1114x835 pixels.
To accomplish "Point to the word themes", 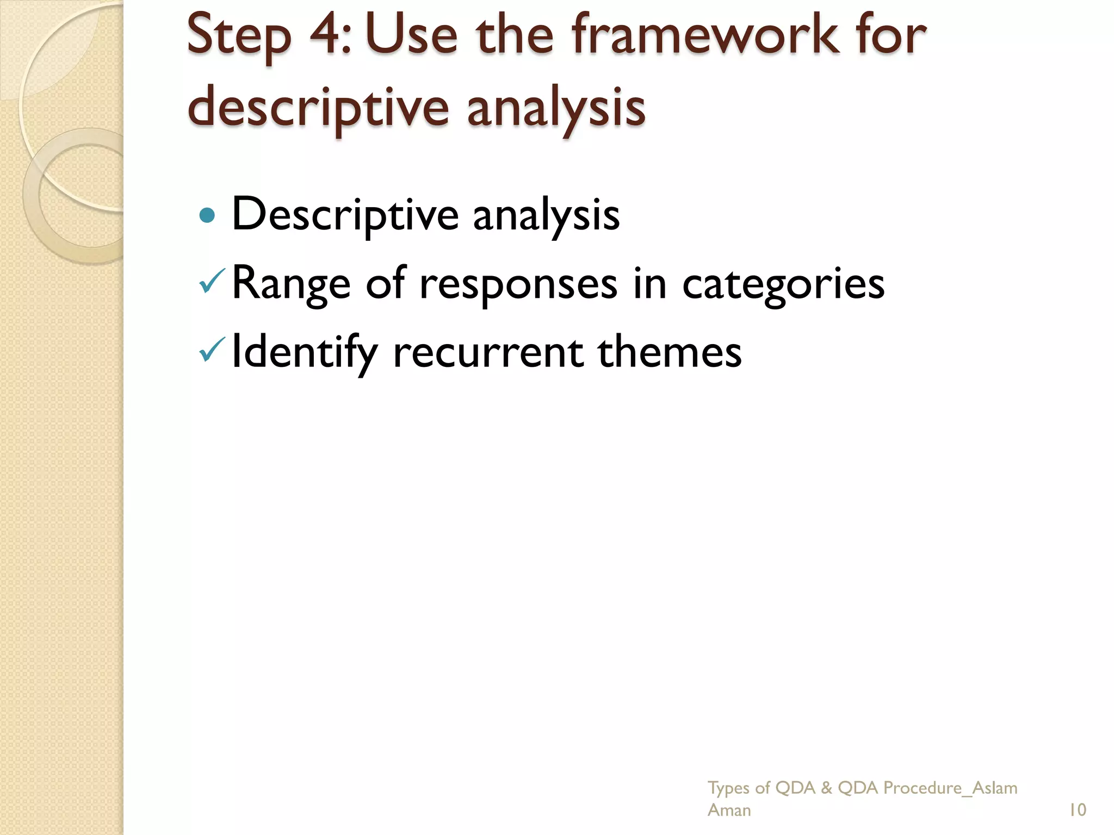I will [670, 351].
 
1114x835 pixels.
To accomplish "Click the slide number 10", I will [1077, 810].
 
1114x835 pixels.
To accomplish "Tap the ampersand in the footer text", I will [826, 788].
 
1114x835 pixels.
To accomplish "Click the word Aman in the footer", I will [729, 810].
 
